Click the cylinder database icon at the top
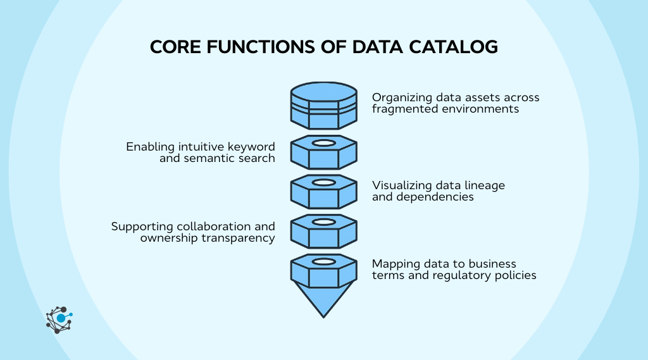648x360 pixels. click(x=323, y=105)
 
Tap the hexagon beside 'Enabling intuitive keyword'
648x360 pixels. click(x=323, y=152)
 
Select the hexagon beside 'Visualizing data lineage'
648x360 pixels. click(x=323, y=191)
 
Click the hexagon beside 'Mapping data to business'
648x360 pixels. click(x=323, y=269)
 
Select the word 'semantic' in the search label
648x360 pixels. click(x=208, y=158)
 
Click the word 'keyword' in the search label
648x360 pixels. click(x=252, y=147)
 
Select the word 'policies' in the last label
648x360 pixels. click(x=516, y=275)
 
